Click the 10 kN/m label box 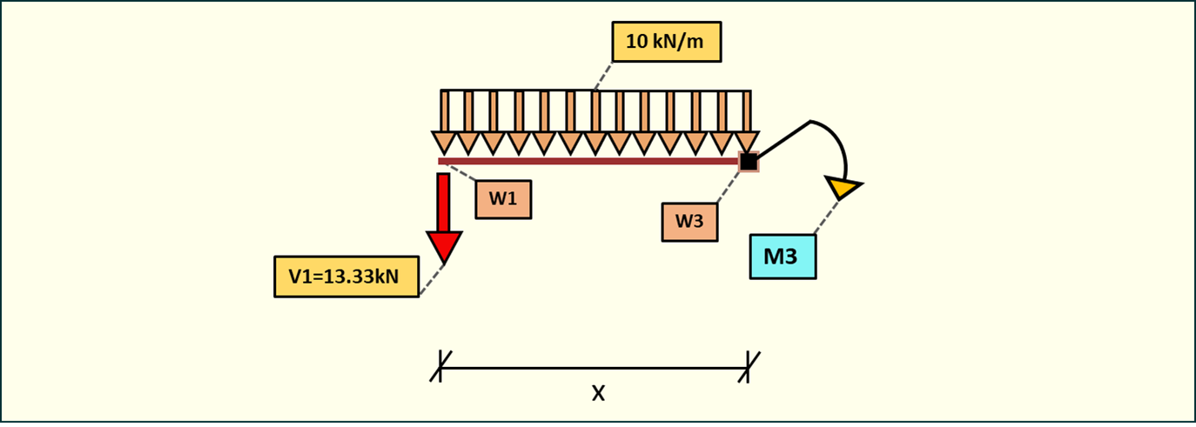coord(667,42)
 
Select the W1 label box coord(502,199)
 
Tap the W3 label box coord(689,222)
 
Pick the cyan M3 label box coord(783,257)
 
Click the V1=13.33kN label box coord(346,277)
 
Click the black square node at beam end coord(749,161)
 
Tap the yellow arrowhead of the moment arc coord(843,186)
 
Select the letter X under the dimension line coord(598,394)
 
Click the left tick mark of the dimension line coord(440,366)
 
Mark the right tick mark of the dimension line coord(749,366)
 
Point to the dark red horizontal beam coord(592,161)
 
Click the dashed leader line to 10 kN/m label coord(601,77)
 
